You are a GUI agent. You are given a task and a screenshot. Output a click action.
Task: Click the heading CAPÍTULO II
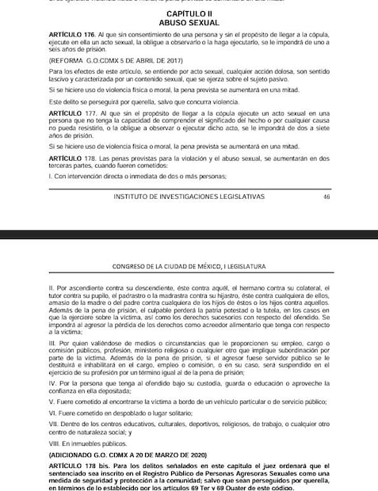(189, 15)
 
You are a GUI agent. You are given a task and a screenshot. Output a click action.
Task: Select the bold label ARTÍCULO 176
(71, 37)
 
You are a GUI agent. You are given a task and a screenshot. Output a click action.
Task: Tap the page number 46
(326, 196)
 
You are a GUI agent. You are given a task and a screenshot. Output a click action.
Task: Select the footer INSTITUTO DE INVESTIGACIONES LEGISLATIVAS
(189, 196)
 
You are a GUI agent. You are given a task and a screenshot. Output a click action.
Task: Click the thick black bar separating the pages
(189, 233)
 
